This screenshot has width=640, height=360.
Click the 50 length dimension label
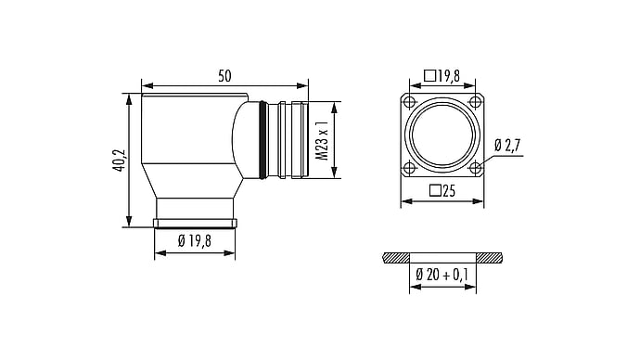(x=224, y=76)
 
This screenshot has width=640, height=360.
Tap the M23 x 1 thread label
(x=323, y=140)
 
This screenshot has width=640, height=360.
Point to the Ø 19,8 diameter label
(x=195, y=241)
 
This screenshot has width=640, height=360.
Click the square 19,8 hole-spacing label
(x=442, y=75)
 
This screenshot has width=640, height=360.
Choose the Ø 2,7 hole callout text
(x=507, y=146)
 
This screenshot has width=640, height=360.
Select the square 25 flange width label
(x=442, y=190)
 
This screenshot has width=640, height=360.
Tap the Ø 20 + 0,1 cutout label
(x=442, y=275)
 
